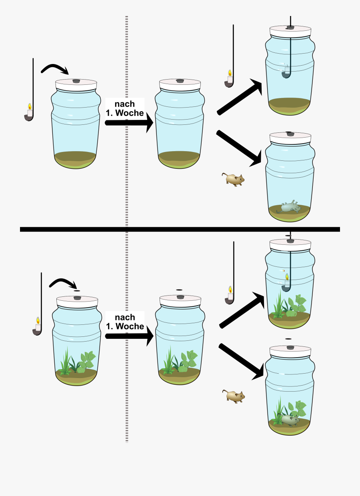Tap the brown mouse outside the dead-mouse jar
(x=233, y=179)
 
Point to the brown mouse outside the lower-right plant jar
(x=234, y=396)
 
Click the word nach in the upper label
(x=124, y=104)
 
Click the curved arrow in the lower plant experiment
(x=63, y=282)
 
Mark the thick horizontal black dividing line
(x=180, y=229)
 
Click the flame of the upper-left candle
(x=30, y=106)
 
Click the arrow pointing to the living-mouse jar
(x=241, y=362)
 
